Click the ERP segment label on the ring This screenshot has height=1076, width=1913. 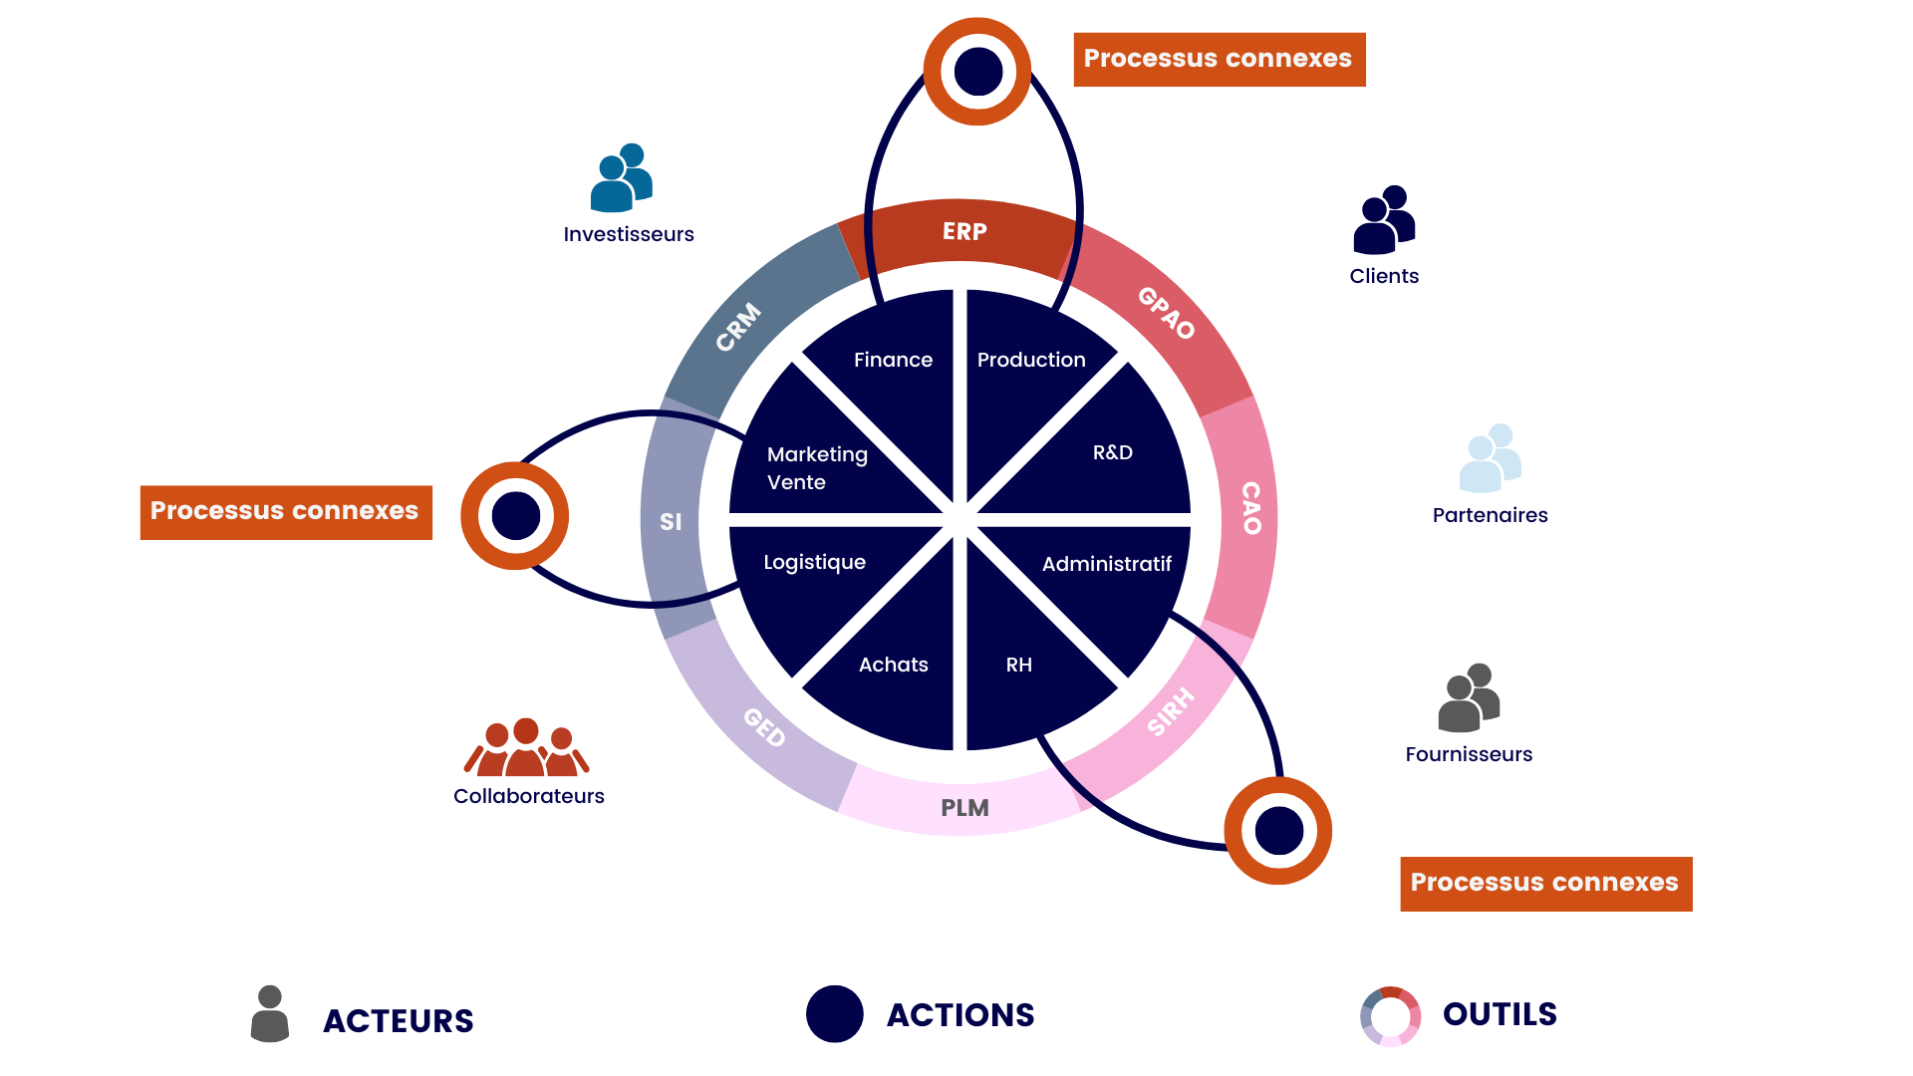point(964,232)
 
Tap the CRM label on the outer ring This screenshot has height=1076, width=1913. point(738,327)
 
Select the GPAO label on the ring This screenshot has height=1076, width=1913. point(1166,312)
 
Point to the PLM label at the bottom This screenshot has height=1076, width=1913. point(964,808)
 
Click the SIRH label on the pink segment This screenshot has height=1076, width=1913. point(1170,711)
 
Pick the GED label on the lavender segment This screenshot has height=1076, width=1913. point(764,726)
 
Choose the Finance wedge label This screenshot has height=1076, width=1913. point(893,360)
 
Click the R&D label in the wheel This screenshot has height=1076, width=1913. point(1112,452)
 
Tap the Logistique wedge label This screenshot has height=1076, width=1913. point(814,562)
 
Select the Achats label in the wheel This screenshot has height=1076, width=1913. point(893,665)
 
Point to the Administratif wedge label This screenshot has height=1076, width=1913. point(1106,564)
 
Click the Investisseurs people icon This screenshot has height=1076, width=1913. point(622,178)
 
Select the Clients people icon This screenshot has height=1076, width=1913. point(1384,220)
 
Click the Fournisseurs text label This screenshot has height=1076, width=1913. point(1469,754)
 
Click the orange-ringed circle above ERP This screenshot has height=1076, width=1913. point(977,72)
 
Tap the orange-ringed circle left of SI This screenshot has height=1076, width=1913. point(515,516)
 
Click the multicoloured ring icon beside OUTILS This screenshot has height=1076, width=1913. point(1390,1016)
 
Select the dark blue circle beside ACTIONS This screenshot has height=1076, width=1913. point(834,1014)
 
